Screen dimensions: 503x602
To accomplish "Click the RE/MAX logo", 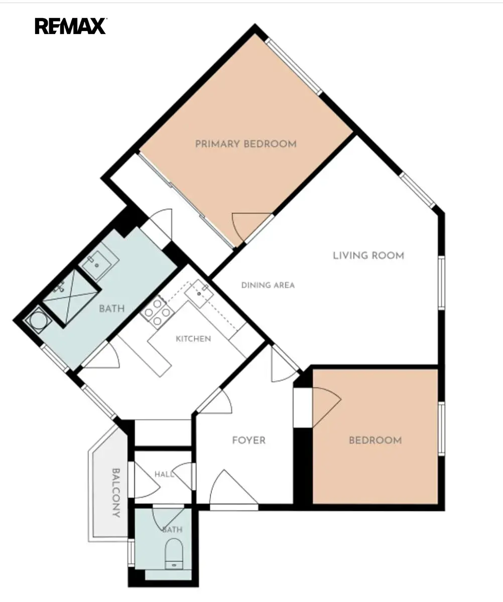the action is [71, 26].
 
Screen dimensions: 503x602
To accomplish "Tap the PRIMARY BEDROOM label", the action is [246, 144].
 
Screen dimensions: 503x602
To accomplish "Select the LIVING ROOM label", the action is [368, 255].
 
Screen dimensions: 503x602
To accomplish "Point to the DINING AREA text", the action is [268, 285].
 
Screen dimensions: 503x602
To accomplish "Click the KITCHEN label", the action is [193, 339].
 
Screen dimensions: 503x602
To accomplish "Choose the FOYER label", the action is [249, 440].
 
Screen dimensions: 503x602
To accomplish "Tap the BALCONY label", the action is [116, 493].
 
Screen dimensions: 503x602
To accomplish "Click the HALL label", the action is [164, 474].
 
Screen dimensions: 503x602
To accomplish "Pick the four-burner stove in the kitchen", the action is [157, 312].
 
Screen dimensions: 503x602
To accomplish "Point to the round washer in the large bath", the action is [38, 321].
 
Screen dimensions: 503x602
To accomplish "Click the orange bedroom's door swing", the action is [326, 407].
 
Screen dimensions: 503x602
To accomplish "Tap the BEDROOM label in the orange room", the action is [375, 440].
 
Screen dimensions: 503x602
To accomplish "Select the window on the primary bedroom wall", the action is [294, 67].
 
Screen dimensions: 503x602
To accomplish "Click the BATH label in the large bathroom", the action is [111, 309].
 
